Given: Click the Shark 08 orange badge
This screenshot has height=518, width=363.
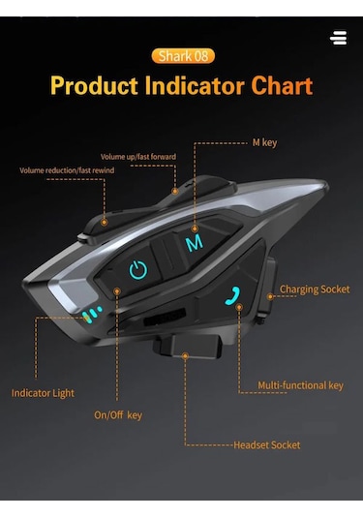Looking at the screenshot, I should (182, 56).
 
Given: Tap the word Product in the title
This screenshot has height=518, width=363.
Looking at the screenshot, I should (94, 85).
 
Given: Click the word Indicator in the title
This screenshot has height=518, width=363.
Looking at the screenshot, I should (194, 85).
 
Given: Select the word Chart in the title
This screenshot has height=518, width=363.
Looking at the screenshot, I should (282, 85).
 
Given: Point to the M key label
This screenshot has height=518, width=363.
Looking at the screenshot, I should (264, 142).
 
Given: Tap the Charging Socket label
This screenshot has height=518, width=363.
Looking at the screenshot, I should (315, 289).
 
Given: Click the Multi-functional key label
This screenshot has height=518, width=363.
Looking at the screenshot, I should (300, 385).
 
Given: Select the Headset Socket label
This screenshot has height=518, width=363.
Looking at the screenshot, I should (266, 445).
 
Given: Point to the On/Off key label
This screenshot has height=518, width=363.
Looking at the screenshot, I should (118, 415).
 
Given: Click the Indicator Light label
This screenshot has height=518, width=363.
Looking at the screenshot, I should (43, 393).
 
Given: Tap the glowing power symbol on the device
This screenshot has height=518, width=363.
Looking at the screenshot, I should (138, 270).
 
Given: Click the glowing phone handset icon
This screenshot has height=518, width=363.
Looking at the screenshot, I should (233, 295).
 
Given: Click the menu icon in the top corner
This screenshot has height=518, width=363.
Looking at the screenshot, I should (338, 38).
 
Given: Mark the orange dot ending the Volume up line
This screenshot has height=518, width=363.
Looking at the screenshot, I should (175, 192).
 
